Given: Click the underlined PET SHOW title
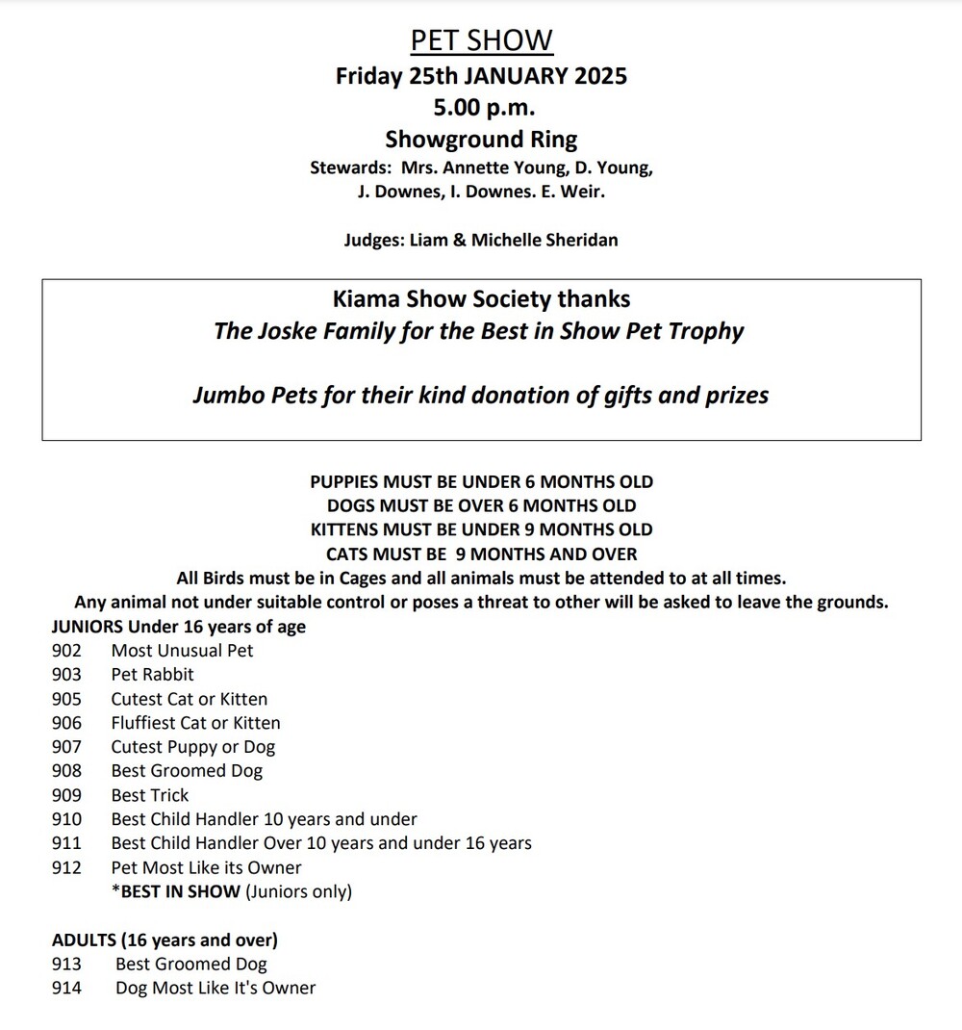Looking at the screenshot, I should click(x=481, y=40).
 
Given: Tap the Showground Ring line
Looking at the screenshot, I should click(x=481, y=139).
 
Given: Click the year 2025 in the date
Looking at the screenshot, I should click(x=601, y=75).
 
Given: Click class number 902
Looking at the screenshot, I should click(x=66, y=651).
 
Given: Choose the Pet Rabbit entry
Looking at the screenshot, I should click(x=152, y=675).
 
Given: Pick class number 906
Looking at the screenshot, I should click(x=66, y=723).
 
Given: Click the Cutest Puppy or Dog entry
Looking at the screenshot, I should click(x=192, y=747).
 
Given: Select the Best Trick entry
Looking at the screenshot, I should click(x=150, y=795).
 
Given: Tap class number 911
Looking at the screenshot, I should click(x=66, y=843).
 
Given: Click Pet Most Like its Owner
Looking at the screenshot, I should click(x=206, y=867).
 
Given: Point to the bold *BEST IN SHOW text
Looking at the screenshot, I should click(x=176, y=891).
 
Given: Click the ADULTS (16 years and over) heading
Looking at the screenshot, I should click(x=165, y=940).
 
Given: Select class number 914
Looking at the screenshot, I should click(x=66, y=988).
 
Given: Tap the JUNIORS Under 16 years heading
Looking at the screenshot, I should click(x=179, y=627).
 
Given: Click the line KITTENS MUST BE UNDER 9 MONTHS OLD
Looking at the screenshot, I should click(x=481, y=529).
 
